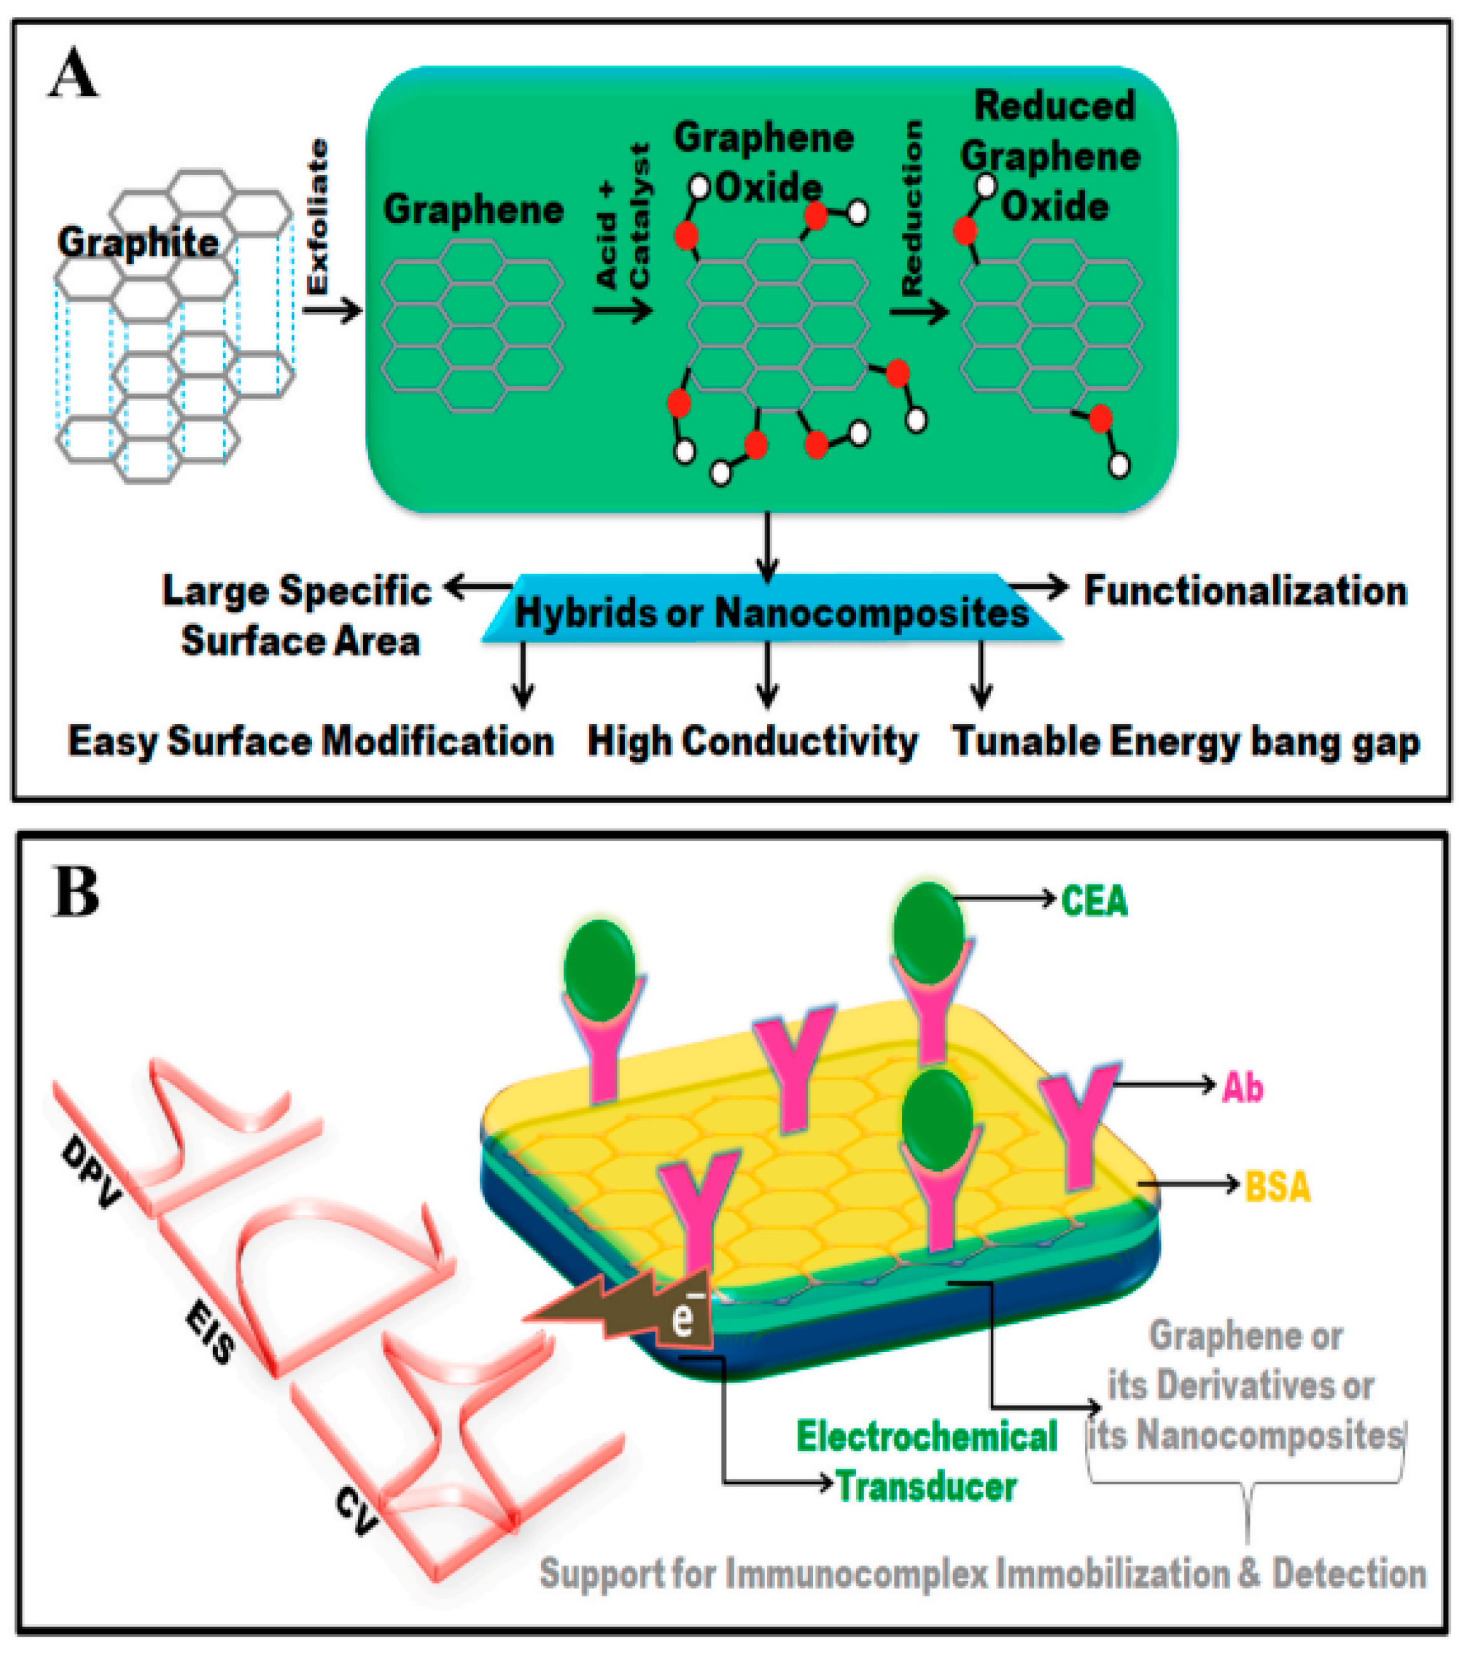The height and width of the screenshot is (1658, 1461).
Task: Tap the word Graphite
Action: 138,243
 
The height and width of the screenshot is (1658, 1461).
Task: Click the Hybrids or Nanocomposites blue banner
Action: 771,613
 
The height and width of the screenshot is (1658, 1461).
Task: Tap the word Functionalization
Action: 1245,590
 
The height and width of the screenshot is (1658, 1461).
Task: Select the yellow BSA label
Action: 1277,1187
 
